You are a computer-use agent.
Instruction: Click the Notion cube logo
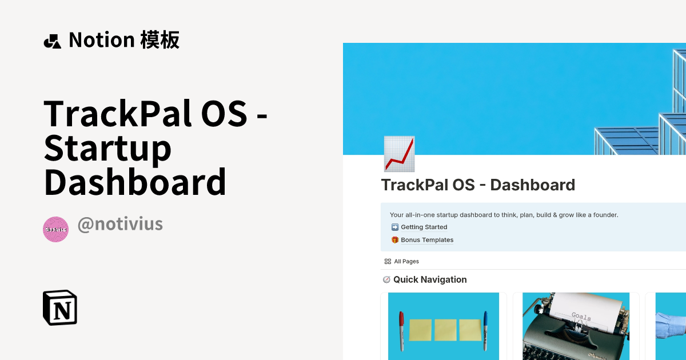60,308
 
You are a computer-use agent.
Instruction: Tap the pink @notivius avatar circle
55,229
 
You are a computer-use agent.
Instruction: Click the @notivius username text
120,224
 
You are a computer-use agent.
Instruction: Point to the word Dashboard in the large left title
135,182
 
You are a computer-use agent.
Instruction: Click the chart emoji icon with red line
399,154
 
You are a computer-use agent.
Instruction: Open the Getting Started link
424,227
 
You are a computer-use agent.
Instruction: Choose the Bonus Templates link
427,240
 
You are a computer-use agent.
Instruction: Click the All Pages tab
406,261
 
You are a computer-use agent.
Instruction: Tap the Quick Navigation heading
429,279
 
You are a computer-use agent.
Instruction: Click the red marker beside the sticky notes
401,331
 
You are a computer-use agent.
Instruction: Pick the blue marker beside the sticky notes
486,330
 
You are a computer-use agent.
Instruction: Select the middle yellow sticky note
445,330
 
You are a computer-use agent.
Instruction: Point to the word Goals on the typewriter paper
581,317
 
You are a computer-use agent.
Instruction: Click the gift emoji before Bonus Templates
394,240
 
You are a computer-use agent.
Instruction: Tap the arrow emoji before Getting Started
394,227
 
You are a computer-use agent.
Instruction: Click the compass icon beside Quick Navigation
386,279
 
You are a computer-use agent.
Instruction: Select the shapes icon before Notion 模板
52,41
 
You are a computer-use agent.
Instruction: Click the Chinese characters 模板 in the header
159,40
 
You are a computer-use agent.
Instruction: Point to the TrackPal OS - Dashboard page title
478,185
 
